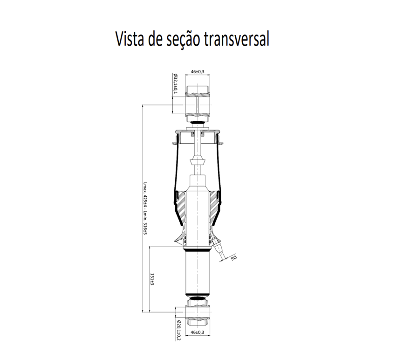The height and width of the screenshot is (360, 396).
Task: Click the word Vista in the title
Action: (130, 39)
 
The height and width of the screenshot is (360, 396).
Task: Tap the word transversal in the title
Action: (236, 39)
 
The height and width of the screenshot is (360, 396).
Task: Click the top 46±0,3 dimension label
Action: (198, 72)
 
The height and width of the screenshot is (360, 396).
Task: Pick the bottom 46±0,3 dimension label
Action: (198, 332)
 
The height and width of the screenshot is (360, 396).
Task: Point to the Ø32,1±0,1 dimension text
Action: (176, 83)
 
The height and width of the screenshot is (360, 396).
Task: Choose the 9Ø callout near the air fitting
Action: (233, 258)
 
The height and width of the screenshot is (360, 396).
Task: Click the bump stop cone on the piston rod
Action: (198, 160)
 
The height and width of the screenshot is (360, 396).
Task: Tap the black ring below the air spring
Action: (198, 250)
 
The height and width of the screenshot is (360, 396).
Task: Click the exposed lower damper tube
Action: (198, 273)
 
